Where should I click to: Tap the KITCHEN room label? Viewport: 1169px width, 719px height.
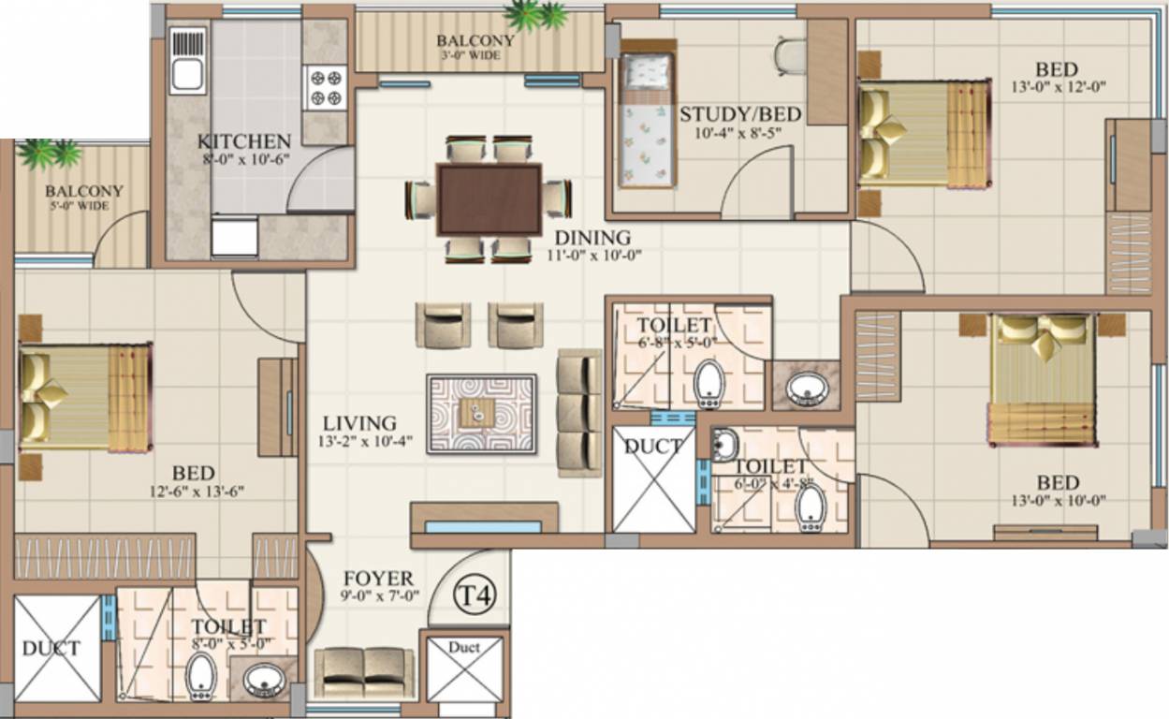(x=243, y=141)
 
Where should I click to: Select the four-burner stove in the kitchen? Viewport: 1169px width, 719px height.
(x=326, y=87)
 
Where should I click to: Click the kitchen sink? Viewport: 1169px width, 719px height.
(x=187, y=60)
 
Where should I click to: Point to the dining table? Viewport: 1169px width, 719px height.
(x=489, y=199)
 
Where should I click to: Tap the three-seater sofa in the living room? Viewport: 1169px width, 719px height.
(x=578, y=412)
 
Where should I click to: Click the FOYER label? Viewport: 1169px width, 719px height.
(x=377, y=579)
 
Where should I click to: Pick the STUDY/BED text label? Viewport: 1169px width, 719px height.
(x=739, y=114)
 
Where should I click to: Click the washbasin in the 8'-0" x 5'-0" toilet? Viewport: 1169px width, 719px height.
(x=263, y=680)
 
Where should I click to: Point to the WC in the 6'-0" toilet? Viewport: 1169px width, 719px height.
(x=810, y=508)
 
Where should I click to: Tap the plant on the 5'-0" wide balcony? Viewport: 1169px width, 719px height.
(x=51, y=152)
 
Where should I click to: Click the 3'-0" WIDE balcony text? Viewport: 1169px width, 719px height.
(x=475, y=56)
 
